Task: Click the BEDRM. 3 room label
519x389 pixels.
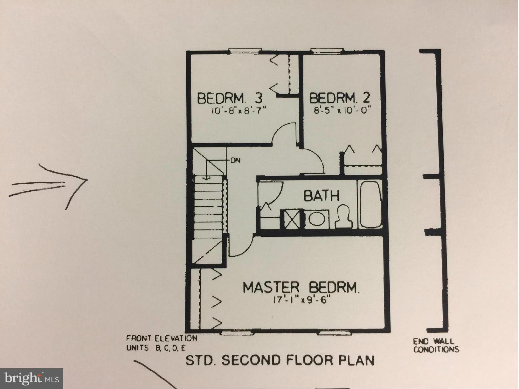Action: [230, 98]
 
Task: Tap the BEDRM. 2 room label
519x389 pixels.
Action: [340, 98]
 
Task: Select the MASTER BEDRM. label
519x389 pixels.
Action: [301, 287]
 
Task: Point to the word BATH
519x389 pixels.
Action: [321, 195]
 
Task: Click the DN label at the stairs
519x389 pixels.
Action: [235, 160]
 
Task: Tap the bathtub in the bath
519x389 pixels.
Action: [370, 204]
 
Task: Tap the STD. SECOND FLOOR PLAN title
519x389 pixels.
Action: [280, 360]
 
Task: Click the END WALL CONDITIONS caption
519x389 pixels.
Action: [436, 345]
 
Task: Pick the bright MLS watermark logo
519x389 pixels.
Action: [31, 379]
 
